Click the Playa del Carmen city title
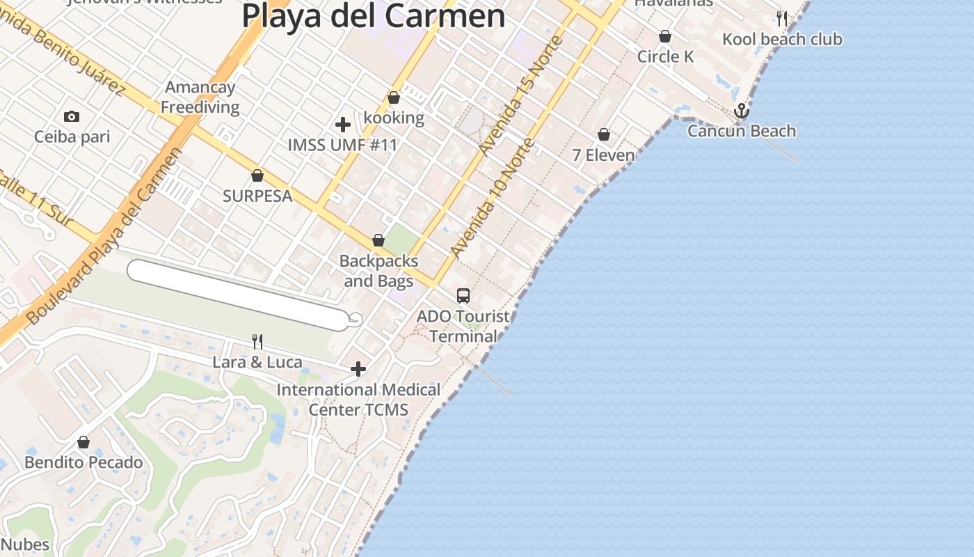tap(374, 15)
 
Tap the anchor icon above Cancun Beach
tap(742, 111)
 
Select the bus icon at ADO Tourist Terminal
tap(463, 296)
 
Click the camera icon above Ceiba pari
tap(71, 116)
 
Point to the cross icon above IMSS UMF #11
tap(342, 125)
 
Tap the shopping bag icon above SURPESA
tap(257, 175)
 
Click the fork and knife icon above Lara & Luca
tap(257, 341)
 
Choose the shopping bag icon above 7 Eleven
tap(604, 134)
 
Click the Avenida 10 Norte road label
tap(492, 198)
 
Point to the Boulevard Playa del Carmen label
tap(105, 236)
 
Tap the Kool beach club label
tap(782, 39)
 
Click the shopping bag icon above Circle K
tap(665, 36)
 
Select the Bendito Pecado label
tap(83, 462)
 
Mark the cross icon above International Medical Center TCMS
tap(358, 368)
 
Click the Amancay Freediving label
tap(200, 97)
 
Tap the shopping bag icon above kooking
tap(394, 97)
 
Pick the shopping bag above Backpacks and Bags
tap(378, 240)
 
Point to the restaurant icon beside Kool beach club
tap(782, 18)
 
